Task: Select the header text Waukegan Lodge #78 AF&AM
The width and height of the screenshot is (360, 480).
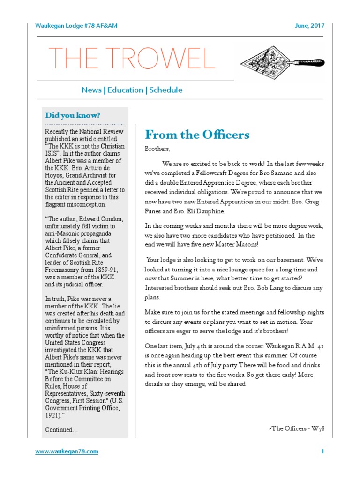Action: (76, 25)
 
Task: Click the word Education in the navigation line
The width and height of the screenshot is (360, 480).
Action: (125, 90)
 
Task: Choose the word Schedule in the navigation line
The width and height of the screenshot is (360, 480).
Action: (166, 90)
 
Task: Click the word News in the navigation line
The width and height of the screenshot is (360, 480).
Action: (91, 90)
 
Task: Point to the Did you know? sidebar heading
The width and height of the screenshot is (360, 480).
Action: (73, 115)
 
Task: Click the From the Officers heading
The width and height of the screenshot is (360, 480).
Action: (197, 135)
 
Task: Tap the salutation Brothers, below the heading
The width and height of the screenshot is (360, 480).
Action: (157, 149)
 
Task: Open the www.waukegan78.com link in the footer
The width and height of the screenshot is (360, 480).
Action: (67, 451)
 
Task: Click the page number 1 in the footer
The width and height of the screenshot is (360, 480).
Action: (323, 451)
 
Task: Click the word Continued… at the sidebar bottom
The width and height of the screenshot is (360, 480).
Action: (61, 429)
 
